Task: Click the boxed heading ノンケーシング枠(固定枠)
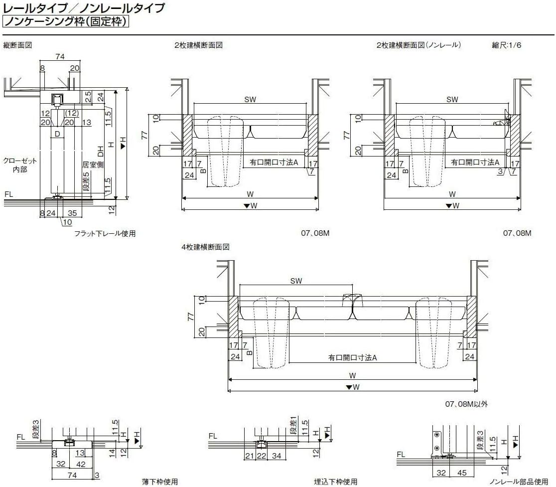(x=66, y=21)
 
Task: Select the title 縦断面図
(x=17, y=45)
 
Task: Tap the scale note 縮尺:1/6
(x=507, y=45)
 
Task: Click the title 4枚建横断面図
(x=205, y=247)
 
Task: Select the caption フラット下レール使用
(x=105, y=233)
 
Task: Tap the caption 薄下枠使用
(x=159, y=482)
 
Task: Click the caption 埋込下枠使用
(x=336, y=482)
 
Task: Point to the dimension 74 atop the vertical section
(x=60, y=57)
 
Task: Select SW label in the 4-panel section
(x=296, y=281)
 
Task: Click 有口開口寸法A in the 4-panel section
(x=352, y=357)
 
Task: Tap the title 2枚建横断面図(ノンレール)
(x=418, y=45)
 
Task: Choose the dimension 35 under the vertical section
(x=72, y=213)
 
